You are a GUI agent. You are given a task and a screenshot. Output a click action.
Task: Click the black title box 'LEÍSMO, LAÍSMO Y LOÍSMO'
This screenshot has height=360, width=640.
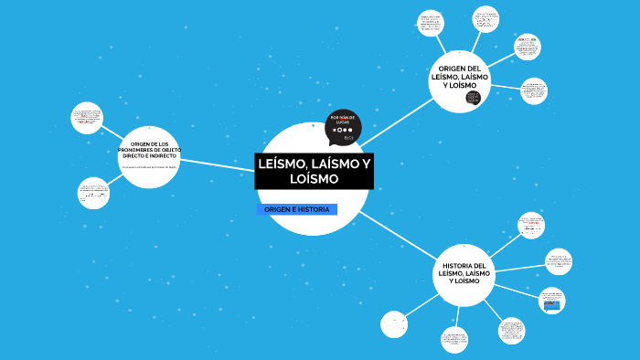(x=314, y=172)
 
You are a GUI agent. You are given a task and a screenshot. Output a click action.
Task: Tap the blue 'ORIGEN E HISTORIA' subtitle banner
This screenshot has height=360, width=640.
(x=296, y=210)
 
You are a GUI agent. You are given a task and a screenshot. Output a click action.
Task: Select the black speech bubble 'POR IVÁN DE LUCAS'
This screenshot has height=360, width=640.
(x=343, y=127)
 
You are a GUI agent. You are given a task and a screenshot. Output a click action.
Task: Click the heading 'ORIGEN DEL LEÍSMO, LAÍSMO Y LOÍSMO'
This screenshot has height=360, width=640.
(x=460, y=77)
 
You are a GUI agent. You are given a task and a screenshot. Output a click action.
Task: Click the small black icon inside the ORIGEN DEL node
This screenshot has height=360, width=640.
(x=473, y=98)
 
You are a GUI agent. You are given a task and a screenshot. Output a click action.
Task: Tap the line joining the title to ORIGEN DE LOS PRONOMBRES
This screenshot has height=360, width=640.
(x=215, y=164)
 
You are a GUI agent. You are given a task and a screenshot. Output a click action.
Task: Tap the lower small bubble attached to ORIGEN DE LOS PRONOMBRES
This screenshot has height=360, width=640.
(x=93, y=193)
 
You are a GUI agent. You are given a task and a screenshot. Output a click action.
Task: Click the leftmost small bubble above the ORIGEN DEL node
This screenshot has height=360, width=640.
(x=430, y=23)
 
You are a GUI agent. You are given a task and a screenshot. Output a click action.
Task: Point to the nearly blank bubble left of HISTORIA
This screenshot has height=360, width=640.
(x=394, y=324)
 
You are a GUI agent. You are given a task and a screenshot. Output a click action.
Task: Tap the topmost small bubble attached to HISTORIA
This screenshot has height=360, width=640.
(x=530, y=225)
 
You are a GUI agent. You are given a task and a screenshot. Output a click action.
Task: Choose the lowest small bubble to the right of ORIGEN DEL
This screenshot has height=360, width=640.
(x=534, y=90)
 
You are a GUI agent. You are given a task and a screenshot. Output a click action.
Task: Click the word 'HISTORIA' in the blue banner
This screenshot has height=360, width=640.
(x=314, y=210)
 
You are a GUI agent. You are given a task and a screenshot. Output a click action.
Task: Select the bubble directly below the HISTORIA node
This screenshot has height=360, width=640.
(x=454, y=340)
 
